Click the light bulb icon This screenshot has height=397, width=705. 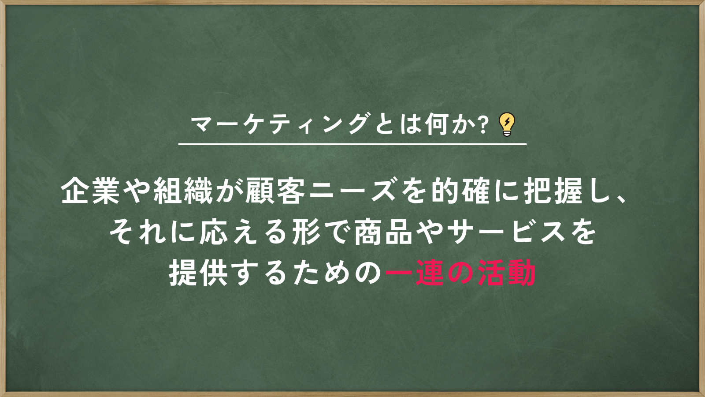(507, 124)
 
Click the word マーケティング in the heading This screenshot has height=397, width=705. (280, 124)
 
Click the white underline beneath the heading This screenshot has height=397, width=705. (352, 144)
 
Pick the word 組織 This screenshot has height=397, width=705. (183, 191)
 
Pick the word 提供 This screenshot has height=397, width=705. (199, 273)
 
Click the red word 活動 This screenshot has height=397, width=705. (507, 273)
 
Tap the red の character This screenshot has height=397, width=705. (460, 273)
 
